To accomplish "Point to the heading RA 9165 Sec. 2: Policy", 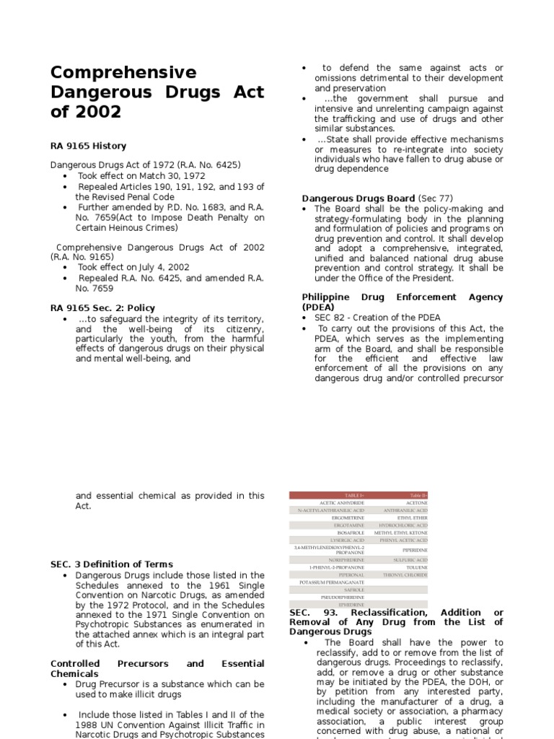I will tap(102, 307).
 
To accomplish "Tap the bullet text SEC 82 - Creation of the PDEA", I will tap(377, 318).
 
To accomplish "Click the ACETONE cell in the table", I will tap(416, 503).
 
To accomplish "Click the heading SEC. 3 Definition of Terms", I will tap(112, 564).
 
